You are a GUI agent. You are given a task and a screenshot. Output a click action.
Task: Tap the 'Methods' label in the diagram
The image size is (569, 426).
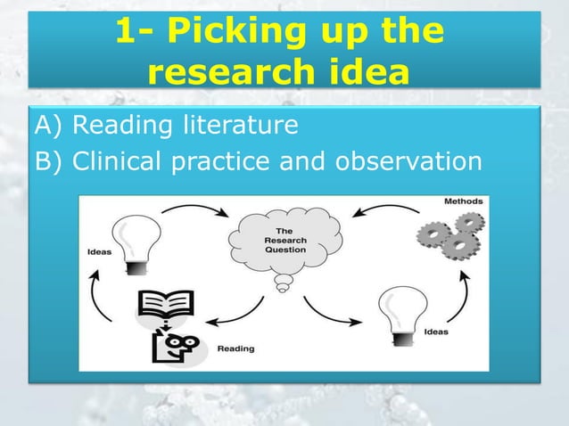tap(464, 201)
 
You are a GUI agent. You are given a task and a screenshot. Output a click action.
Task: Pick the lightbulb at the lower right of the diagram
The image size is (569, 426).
tap(399, 312)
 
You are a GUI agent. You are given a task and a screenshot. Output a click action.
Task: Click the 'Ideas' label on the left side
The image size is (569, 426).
tap(99, 251)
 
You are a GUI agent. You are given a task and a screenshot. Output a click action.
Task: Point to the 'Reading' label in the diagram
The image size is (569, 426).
tap(235, 348)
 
